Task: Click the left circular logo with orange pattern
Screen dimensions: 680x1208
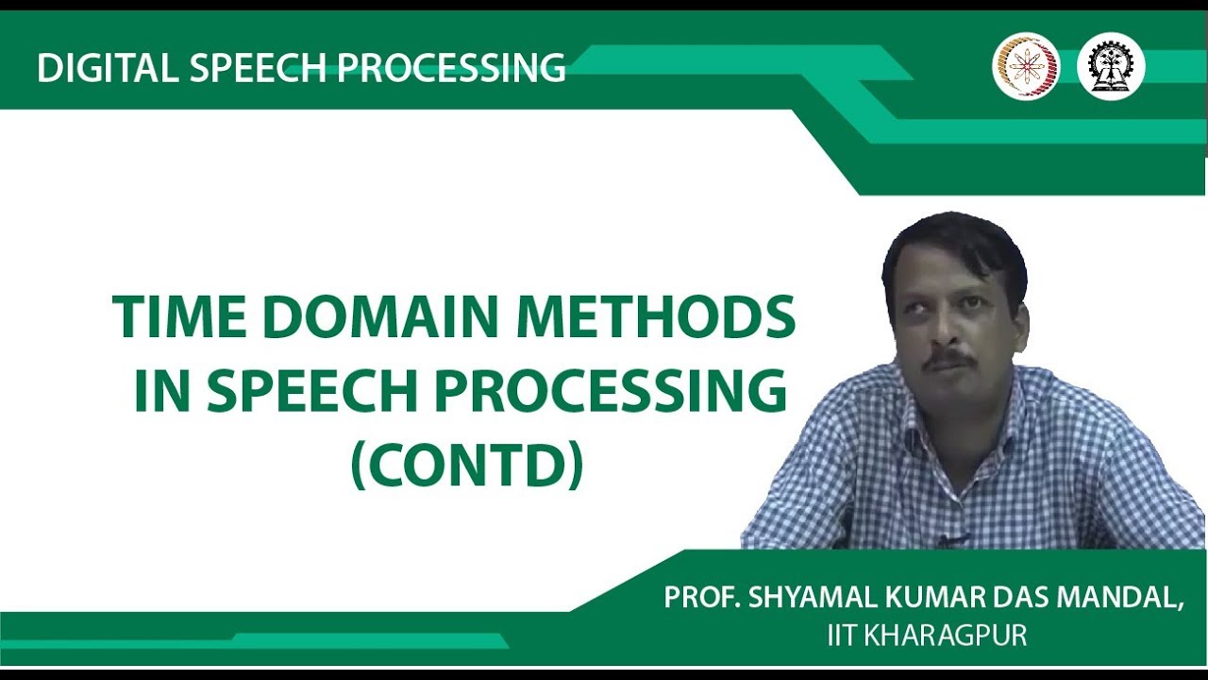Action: click(x=1026, y=67)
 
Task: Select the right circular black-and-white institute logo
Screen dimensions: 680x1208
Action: click(x=1111, y=67)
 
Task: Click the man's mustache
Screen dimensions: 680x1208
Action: click(x=948, y=360)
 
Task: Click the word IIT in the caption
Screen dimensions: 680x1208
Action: click(x=841, y=636)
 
